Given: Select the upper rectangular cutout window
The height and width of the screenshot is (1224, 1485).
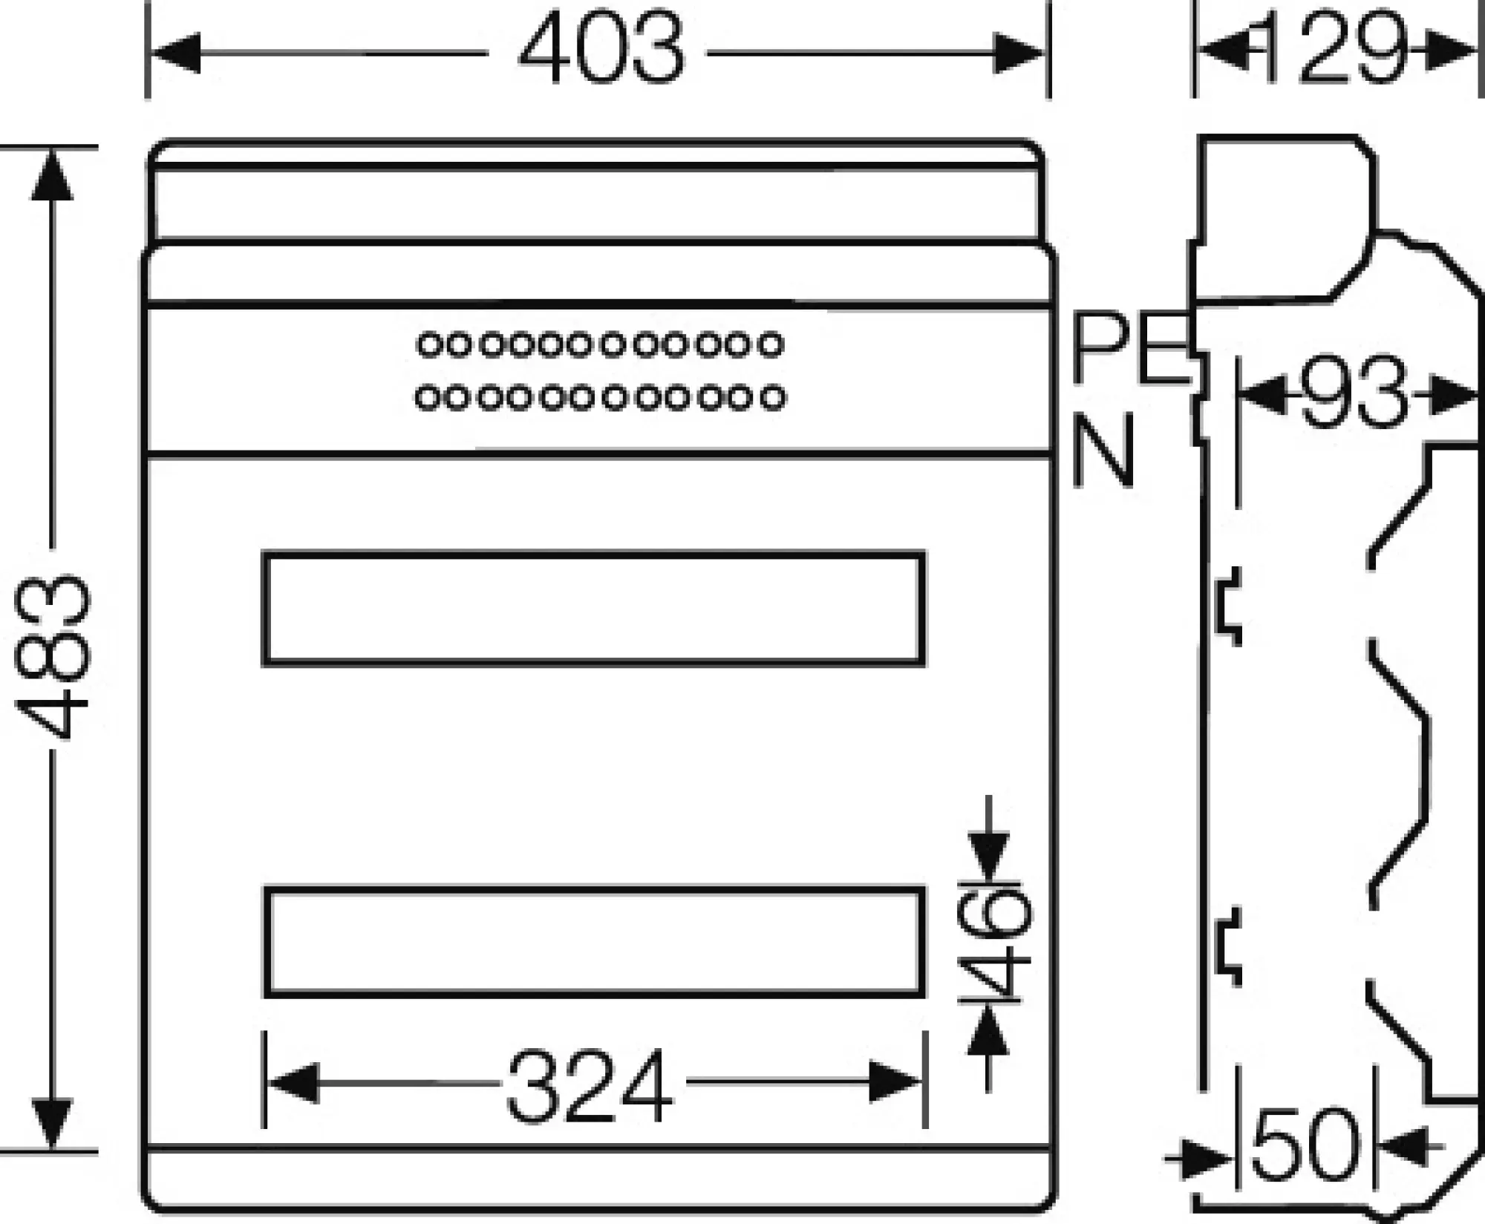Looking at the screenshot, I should point(594,609).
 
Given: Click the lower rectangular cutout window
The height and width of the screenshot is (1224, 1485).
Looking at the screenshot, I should point(594,942).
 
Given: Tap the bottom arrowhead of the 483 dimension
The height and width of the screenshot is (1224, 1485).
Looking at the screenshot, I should point(52,1124).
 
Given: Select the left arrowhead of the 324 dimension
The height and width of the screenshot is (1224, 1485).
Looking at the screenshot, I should point(292,1083).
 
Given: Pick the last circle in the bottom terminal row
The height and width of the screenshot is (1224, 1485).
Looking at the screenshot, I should point(773,398).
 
